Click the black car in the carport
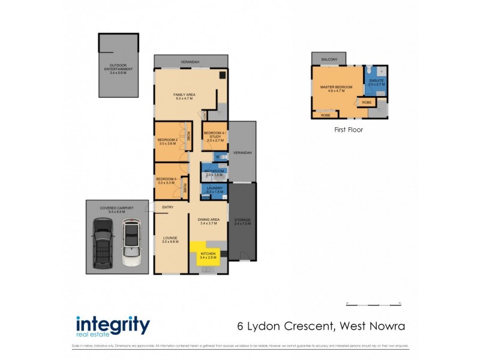(x=103, y=243)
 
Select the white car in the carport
(x=131, y=243)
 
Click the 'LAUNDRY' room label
(x=215, y=188)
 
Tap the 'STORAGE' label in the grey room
(x=243, y=220)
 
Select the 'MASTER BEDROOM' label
(x=336, y=88)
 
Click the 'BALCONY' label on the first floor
(x=329, y=59)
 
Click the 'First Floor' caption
(x=349, y=129)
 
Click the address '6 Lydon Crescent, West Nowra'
(x=317, y=326)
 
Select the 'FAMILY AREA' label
(x=185, y=95)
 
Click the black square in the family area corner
(x=223, y=76)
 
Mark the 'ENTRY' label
(x=167, y=208)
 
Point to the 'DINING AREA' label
(x=209, y=220)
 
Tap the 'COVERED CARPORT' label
(x=117, y=208)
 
